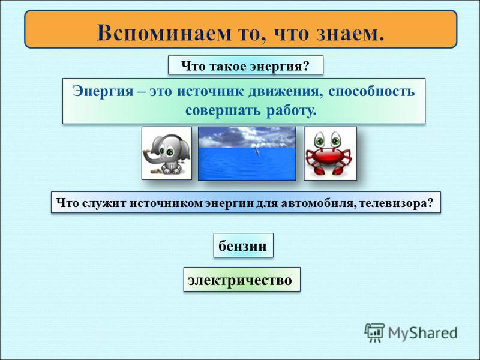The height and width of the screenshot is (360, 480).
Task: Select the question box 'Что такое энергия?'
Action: pyautogui.click(x=245, y=65)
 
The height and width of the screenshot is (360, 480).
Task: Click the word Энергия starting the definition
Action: pyautogui.click(x=103, y=92)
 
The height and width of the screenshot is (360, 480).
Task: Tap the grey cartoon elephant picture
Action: pyautogui.click(x=167, y=154)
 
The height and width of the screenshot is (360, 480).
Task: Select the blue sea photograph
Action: pyautogui.click(x=247, y=154)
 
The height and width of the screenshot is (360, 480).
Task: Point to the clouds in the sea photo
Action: pyautogui.click(x=247, y=137)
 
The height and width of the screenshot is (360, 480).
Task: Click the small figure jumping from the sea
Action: pyautogui.click(x=257, y=152)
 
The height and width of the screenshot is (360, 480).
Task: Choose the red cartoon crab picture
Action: pyautogui.click(x=331, y=154)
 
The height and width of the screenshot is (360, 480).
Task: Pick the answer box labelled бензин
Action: pyautogui.click(x=244, y=245)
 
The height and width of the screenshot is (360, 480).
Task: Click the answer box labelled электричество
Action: pyautogui.click(x=242, y=280)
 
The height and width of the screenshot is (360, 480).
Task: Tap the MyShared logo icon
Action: pyautogui.click(x=374, y=332)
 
